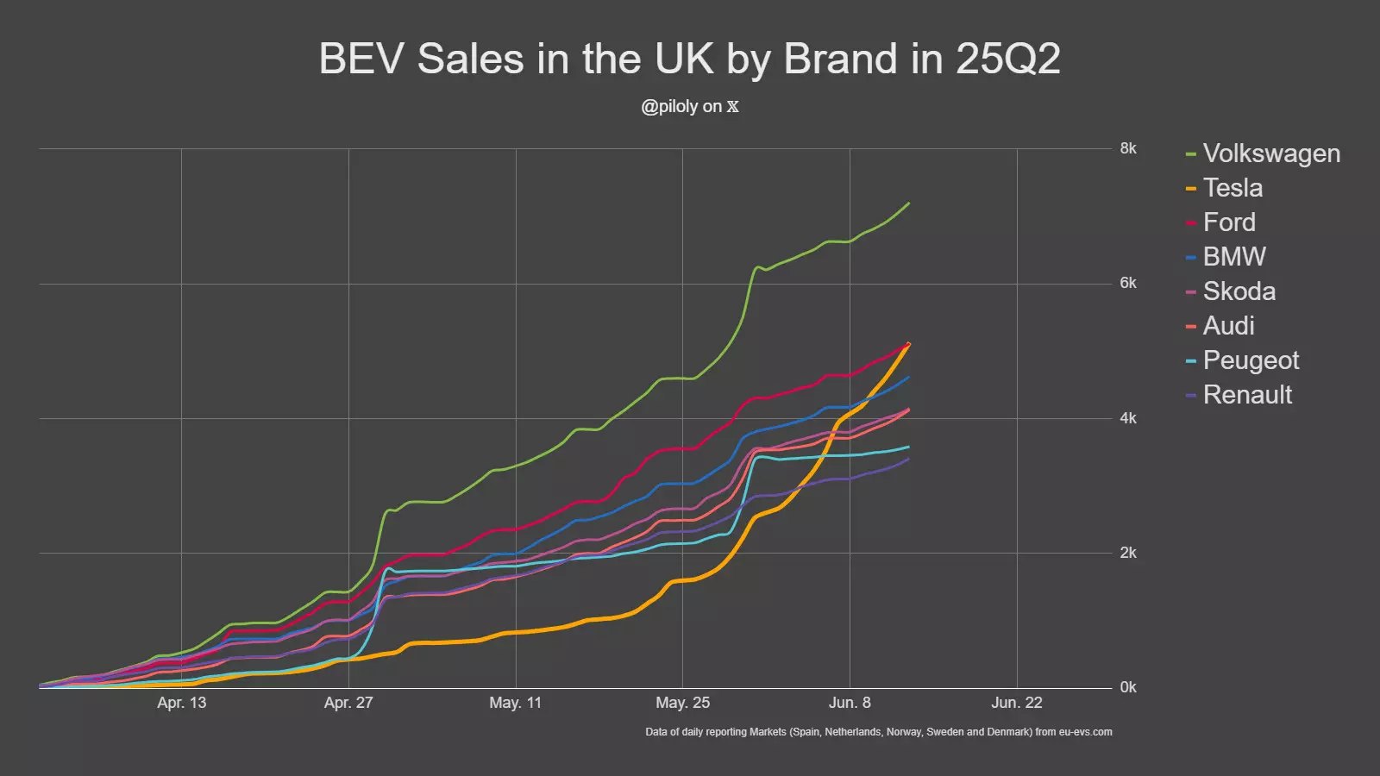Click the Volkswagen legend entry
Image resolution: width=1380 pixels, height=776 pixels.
pyautogui.click(x=1270, y=153)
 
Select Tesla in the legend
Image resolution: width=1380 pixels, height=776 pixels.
pyautogui.click(x=1233, y=188)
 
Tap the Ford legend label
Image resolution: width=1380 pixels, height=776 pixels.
pyautogui.click(x=1229, y=222)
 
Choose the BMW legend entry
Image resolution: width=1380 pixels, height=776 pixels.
pyautogui.click(x=1234, y=257)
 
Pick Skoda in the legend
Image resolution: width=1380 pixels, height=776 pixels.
pyautogui.click(x=1239, y=291)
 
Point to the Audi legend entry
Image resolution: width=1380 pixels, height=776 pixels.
pyautogui.click(x=1228, y=326)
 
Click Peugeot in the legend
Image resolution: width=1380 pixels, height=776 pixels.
pyautogui.click(x=1251, y=360)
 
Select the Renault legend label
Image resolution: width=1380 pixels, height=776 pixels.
pyautogui.click(x=1247, y=395)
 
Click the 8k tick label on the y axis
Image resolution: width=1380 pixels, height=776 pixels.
pyautogui.click(x=1128, y=148)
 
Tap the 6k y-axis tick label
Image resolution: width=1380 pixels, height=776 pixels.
pyautogui.click(x=1128, y=283)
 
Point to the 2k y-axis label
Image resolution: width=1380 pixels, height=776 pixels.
pyautogui.click(x=1128, y=553)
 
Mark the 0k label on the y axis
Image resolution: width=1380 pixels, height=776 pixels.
pyautogui.click(x=1128, y=687)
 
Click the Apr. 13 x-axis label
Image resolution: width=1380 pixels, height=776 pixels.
pyautogui.click(x=181, y=703)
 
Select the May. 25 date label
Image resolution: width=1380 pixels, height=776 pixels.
pyautogui.click(x=682, y=703)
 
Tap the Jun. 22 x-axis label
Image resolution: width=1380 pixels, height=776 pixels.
pyautogui.click(x=1016, y=703)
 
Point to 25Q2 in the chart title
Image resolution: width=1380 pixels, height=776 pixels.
pyautogui.click(x=1007, y=59)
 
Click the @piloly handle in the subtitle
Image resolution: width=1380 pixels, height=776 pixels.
pyautogui.click(x=669, y=107)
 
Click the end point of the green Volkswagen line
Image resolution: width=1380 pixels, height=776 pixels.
pyautogui.click(x=909, y=203)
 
